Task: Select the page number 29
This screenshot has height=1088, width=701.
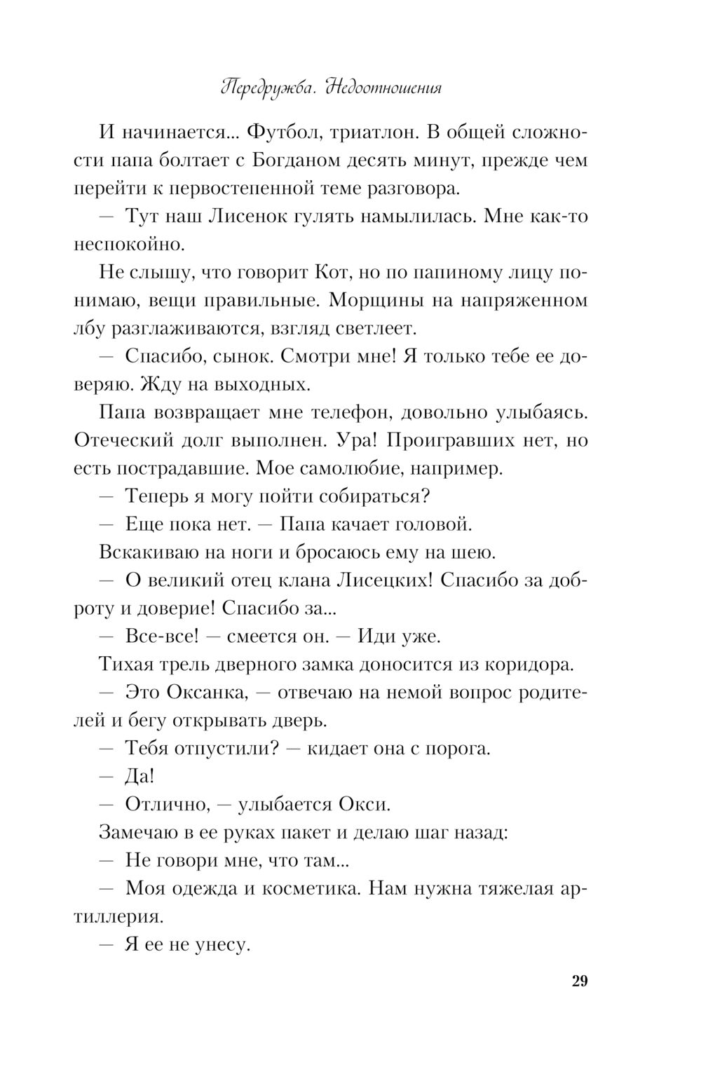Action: [579, 981]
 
